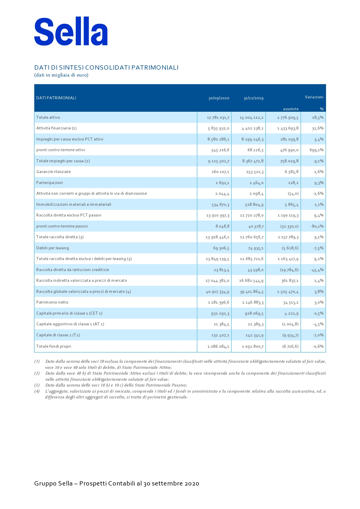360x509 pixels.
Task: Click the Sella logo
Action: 71,32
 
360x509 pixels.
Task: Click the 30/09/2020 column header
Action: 219,98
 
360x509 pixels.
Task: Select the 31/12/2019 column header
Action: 253,98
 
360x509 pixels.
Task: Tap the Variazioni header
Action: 314,97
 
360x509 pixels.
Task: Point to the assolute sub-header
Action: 291,109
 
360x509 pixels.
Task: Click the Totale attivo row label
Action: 48,117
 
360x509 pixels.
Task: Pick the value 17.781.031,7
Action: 218,118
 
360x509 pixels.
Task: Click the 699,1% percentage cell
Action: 316,150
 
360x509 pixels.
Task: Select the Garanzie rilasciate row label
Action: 53,172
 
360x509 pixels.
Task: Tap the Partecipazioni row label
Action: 50,183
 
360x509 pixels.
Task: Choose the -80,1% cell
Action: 317,226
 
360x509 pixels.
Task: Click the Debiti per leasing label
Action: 53,248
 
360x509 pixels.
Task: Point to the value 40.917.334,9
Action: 217,292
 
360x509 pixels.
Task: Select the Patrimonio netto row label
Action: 52,302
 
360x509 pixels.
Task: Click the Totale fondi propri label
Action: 54,346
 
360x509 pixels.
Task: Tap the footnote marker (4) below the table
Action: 37,391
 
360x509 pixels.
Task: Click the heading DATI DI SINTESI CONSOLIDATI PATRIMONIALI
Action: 106,68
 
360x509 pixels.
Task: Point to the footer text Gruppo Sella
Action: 53,483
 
